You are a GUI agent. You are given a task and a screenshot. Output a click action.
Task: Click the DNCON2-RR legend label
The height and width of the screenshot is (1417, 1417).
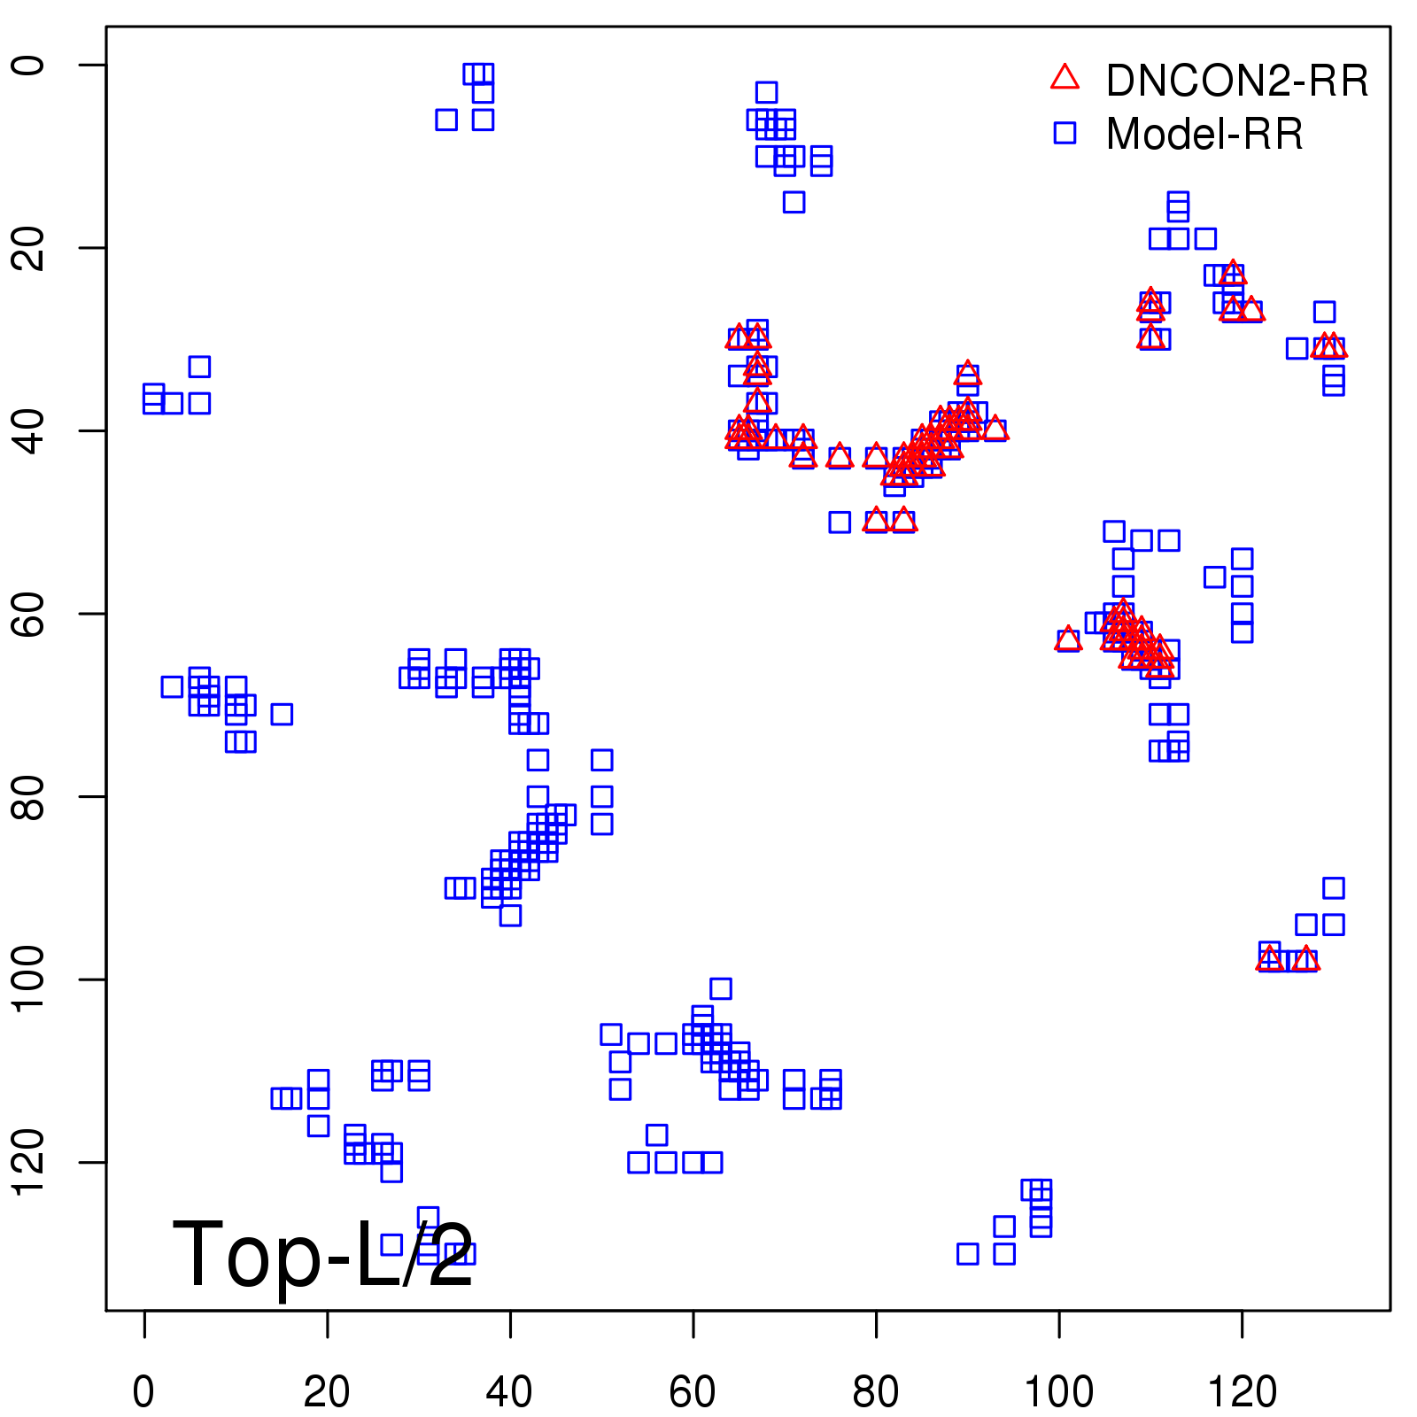(x=1236, y=81)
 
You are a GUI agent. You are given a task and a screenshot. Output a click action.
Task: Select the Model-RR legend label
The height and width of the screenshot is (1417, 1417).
(x=1204, y=135)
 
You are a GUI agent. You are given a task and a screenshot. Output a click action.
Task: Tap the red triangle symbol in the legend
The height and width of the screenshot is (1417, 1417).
(x=1065, y=78)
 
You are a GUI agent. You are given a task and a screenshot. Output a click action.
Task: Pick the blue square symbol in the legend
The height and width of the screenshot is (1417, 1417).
(x=1065, y=133)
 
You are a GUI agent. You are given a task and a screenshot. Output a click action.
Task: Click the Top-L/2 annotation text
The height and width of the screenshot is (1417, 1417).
(x=323, y=1254)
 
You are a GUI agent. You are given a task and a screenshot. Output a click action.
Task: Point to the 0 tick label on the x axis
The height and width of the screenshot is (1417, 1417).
(x=143, y=1392)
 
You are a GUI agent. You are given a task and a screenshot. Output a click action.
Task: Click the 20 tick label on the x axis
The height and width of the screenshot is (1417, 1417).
(x=327, y=1392)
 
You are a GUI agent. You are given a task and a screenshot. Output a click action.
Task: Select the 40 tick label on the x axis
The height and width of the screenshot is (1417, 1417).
(x=510, y=1392)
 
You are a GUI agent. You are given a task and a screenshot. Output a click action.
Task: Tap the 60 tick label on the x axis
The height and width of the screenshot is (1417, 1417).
(x=693, y=1392)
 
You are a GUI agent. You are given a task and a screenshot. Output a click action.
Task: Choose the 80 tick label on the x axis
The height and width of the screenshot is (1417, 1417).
(x=876, y=1392)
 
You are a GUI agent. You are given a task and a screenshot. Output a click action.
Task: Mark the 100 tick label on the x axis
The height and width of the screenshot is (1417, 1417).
(x=1059, y=1392)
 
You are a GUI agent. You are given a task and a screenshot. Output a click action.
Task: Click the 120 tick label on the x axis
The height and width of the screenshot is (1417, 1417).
(x=1243, y=1392)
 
